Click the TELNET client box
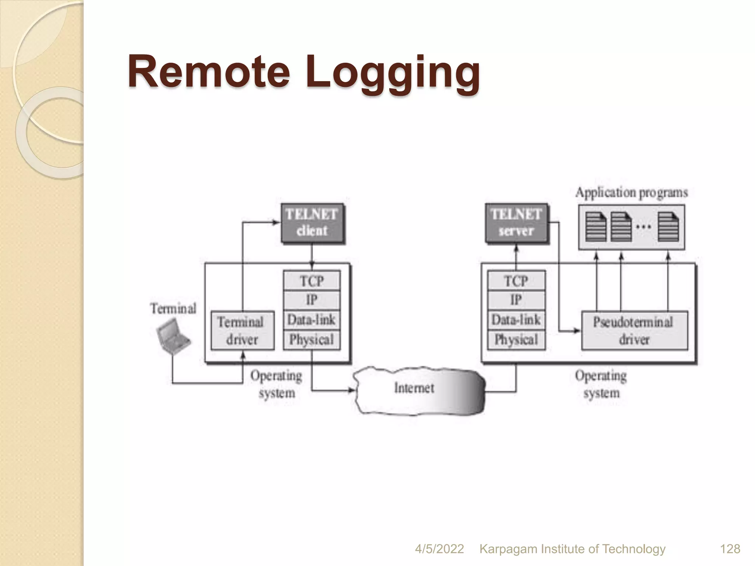(x=312, y=223)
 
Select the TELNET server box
(x=516, y=223)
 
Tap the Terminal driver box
(x=242, y=331)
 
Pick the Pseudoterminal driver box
(x=634, y=331)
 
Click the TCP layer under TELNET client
(x=312, y=281)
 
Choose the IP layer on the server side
(x=516, y=300)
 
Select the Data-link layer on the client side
(x=312, y=320)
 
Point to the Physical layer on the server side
(x=516, y=339)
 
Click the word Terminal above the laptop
(x=173, y=308)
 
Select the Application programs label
(x=631, y=193)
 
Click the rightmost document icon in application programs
(x=668, y=227)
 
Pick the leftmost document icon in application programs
(x=596, y=227)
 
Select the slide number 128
(x=730, y=549)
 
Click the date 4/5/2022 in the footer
(x=439, y=549)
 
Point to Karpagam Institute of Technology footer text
(x=572, y=549)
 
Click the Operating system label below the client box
(x=276, y=384)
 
